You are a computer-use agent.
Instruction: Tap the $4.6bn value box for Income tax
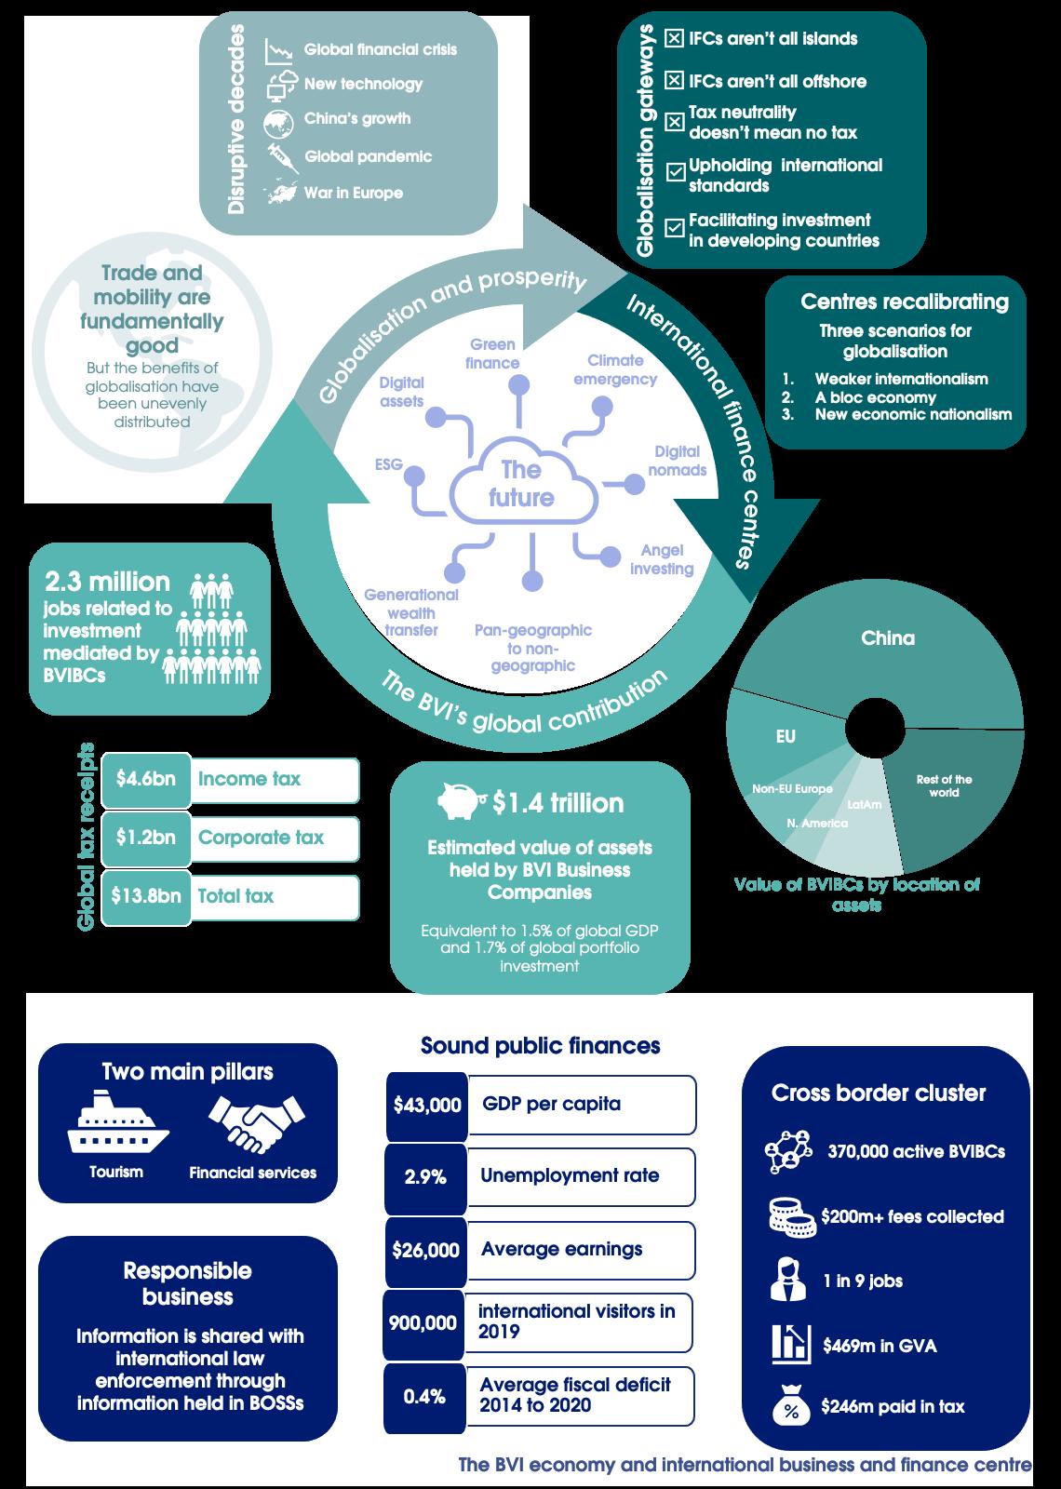[146, 779]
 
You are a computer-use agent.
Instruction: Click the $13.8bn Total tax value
[146, 896]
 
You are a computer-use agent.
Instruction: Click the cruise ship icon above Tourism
[117, 1123]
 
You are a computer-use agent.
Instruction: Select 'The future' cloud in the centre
[521, 484]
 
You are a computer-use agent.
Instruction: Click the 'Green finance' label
[493, 355]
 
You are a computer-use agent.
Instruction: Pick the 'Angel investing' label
[662, 560]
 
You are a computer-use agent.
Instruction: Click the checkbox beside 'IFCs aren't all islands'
[675, 38]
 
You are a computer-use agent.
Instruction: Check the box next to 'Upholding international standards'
[675, 172]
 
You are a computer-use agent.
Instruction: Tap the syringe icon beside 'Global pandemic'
[281, 157]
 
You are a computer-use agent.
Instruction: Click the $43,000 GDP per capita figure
[427, 1106]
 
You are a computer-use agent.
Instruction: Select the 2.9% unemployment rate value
[425, 1177]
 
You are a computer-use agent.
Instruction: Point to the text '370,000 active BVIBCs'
[916, 1152]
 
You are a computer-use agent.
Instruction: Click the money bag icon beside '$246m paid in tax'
[791, 1406]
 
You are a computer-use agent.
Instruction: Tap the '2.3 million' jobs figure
[108, 582]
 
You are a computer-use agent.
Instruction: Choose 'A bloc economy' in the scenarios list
[875, 396]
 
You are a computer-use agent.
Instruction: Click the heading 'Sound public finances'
[540, 1045]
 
